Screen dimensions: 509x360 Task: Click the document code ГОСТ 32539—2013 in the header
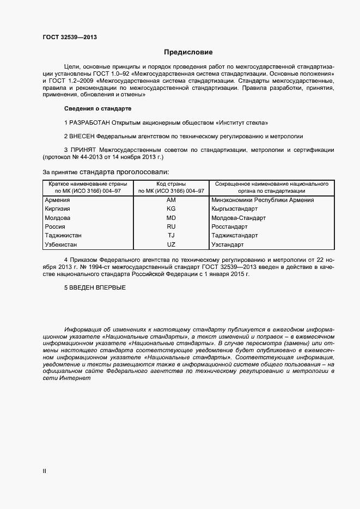tap(70, 38)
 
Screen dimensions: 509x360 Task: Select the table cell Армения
tap(57, 200)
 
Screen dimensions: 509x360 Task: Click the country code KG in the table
tap(171, 209)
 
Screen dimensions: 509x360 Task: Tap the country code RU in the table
tap(171, 226)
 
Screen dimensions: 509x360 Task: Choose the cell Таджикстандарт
tap(234, 236)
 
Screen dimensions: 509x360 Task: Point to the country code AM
tap(171, 200)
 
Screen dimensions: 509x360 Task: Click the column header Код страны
tap(171, 185)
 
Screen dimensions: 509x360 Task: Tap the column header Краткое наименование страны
tap(88, 185)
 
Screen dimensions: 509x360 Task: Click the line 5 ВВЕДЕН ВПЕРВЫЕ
tap(95, 287)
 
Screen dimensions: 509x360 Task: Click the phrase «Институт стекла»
tap(240, 122)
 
